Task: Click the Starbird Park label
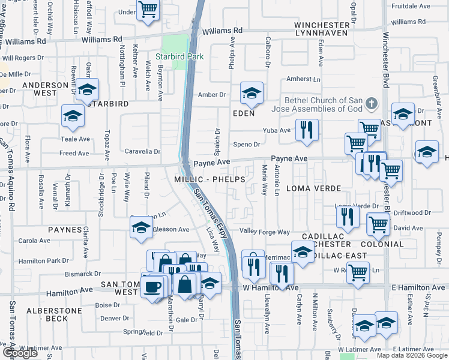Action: (179, 56)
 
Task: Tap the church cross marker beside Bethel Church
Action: (372, 103)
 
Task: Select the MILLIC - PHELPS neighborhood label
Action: (209, 179)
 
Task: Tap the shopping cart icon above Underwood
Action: (147, 9)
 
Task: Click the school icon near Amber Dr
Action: (252, 92)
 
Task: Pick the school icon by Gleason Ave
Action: (141, 227)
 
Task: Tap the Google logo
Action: (19, 353)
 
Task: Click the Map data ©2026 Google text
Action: (412, 355)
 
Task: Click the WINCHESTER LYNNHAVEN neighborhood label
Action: (322, 29)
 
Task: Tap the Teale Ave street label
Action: (75, 139)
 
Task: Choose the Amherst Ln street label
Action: (303, 79)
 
